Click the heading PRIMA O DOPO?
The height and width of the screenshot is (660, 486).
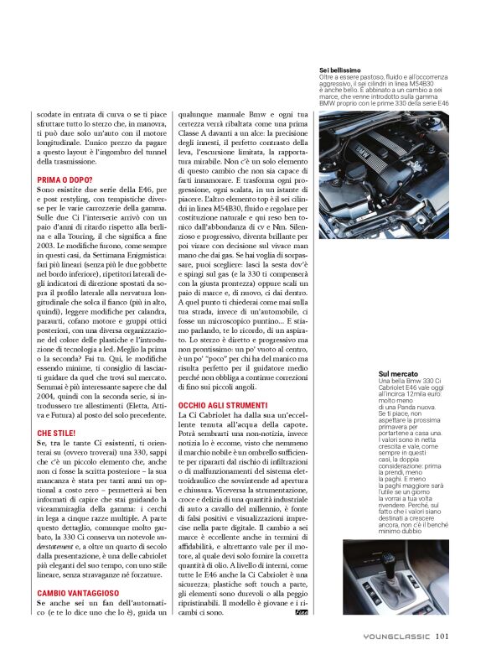[65, 179]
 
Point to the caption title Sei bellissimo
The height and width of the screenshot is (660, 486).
[339, 70]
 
